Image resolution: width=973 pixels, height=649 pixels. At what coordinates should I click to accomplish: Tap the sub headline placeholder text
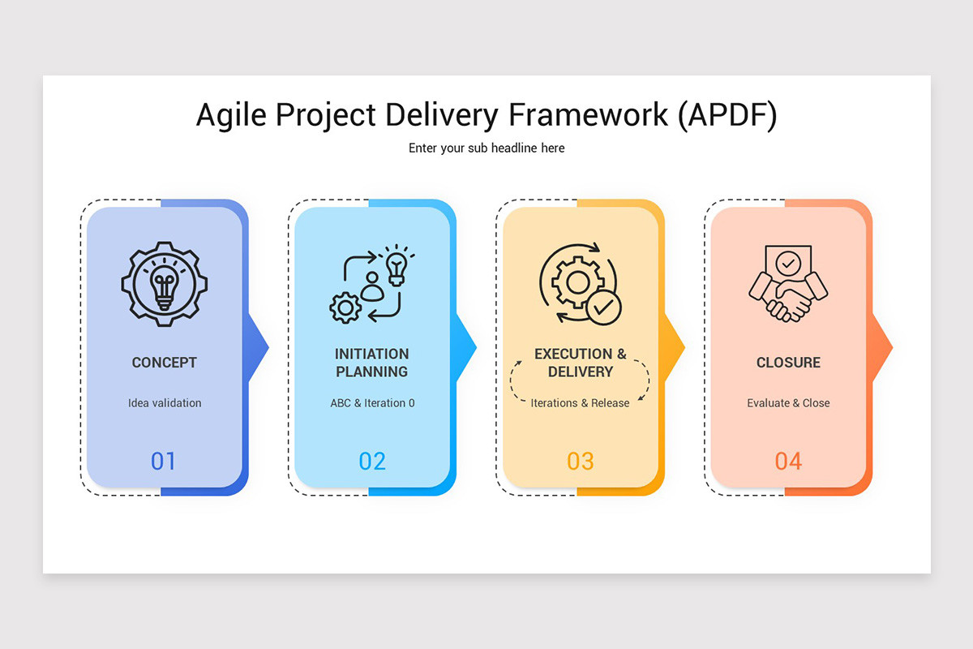[486, 148]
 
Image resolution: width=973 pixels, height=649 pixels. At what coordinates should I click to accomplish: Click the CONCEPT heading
[165, 363]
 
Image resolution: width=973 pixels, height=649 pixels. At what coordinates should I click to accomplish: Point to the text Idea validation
[165, 403]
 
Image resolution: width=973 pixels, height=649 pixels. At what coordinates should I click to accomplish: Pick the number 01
[163, 462]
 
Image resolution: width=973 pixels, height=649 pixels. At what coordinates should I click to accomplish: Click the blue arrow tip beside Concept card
[259, 347]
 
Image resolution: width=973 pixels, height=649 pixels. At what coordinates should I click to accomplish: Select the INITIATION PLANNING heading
[372, 363]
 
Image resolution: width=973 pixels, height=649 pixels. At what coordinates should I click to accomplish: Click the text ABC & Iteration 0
[372, 403]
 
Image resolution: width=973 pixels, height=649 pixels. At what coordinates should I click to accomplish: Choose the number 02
[372, 462]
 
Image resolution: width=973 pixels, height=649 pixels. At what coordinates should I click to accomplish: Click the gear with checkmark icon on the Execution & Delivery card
[581, 284]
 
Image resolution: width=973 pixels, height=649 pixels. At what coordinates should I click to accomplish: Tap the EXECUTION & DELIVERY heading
[581, 363]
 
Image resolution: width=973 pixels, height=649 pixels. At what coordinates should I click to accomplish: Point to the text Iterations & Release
[581, 403]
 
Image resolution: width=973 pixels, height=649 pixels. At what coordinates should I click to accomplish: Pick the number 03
[581, 462]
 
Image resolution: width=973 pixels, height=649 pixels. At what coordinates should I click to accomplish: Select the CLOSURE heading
[788, 363]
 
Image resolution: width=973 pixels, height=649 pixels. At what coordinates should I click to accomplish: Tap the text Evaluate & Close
[788, 403]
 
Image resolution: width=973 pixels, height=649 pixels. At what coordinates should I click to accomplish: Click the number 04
[788, 462]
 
